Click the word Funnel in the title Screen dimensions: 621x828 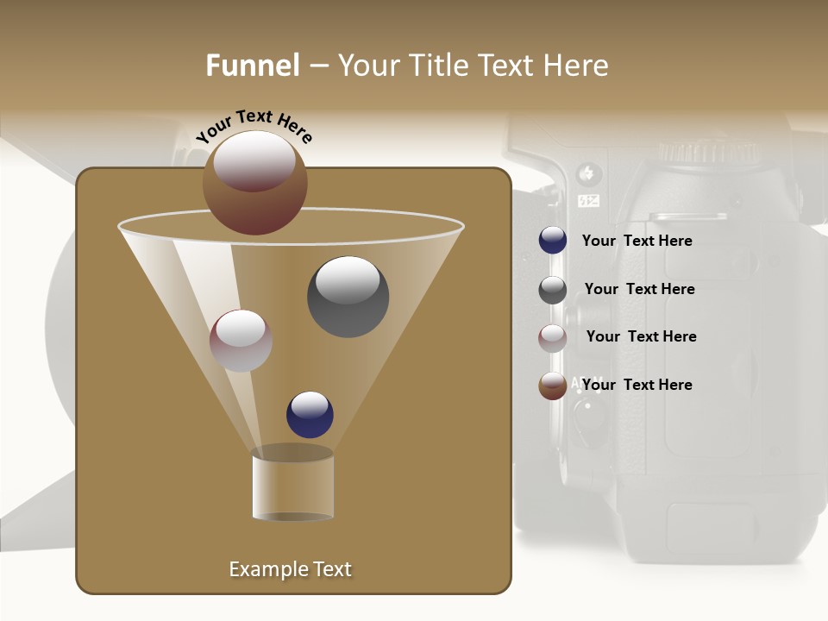click(x=252, y=66)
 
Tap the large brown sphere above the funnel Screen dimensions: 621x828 click(x=255, y=182)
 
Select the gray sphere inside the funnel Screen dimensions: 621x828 click(x=348, y=296)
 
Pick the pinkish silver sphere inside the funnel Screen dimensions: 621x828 click(x=241, y=341)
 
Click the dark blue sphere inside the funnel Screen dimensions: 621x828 click(x=310, y=414)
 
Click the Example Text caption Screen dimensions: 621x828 click(x=290, y=569)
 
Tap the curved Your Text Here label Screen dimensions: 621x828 click(x=254, y=126)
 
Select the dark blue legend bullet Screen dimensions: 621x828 click(x=553, y=241)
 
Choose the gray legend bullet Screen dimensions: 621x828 click(x=553, y=290)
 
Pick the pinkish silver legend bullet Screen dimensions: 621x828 click(x=553, y=338)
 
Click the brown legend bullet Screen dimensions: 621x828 click(x=553, y=386)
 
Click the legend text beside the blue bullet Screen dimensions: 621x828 click(x=637, y=241)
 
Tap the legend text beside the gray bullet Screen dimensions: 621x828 click(x=639, y=289)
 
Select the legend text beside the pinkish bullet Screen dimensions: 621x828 click(x=641, y=336)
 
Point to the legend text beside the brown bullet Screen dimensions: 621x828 click(x=637, y=385)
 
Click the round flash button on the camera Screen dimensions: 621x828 click(x=590, y=173)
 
